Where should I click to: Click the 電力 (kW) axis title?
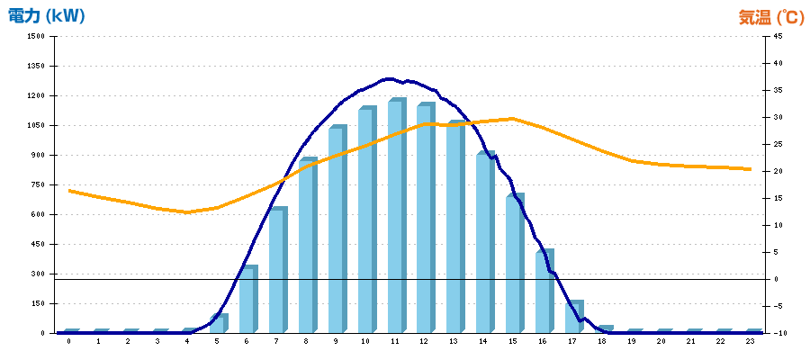(46, 16)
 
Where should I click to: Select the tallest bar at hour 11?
(396, 216)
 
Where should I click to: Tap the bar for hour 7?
(277, 270)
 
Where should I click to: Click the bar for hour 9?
(337, 229)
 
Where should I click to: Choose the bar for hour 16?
(544, 292)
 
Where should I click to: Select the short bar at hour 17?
(573, 317)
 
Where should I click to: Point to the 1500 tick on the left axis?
(36, 36)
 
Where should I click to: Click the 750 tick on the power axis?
(38, 184)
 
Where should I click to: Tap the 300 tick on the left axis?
(38, 274)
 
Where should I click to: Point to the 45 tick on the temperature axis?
(777, 36)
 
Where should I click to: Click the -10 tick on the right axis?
(777, 333)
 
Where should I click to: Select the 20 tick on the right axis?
(777, 171)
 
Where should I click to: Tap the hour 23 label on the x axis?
(750, 343)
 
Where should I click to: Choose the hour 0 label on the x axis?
(68, 343)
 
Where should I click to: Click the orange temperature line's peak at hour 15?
(512, 118)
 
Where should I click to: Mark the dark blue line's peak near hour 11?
(389, 79)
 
